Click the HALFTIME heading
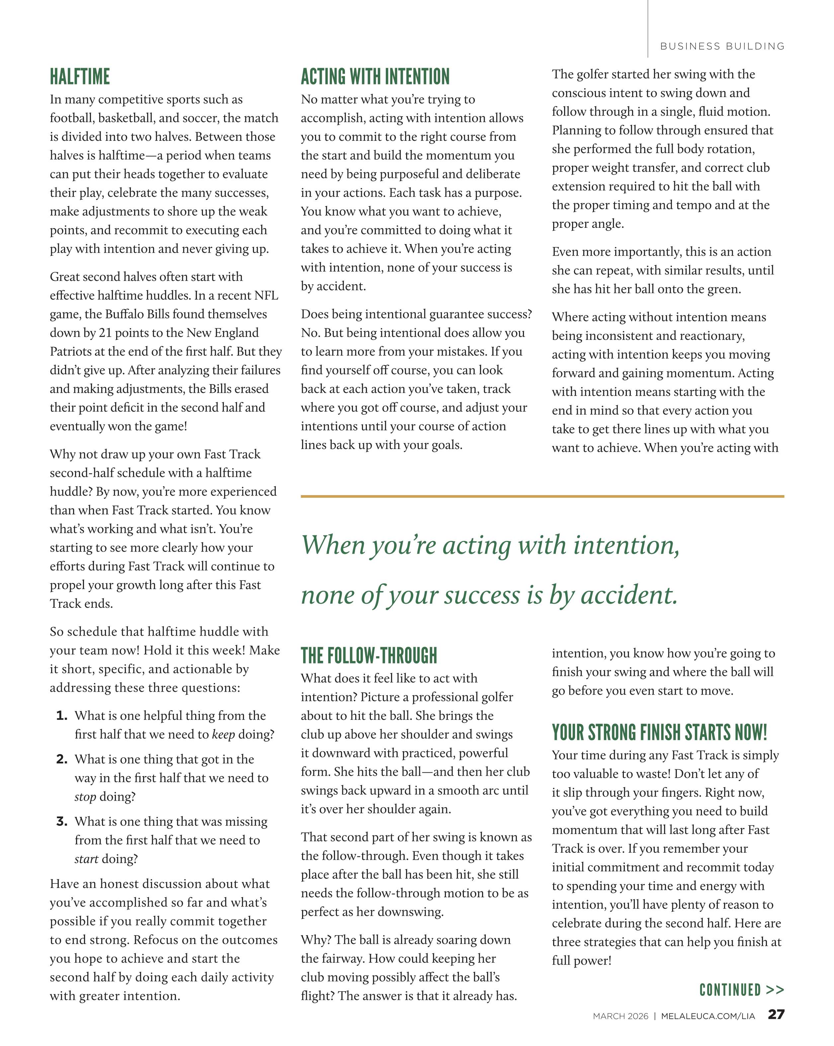coord(80,77)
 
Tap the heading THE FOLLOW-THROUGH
coord(369,655)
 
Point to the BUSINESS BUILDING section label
coord(722,46)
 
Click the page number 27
coord(776,1014)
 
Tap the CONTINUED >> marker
coord(741,990)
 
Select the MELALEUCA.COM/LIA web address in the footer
coord(708,1016)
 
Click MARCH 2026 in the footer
coord(620,1016)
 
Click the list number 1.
coord(62,716)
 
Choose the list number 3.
coord(62,822)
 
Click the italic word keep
coord(223,735)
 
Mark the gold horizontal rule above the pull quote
coord(542,496)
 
